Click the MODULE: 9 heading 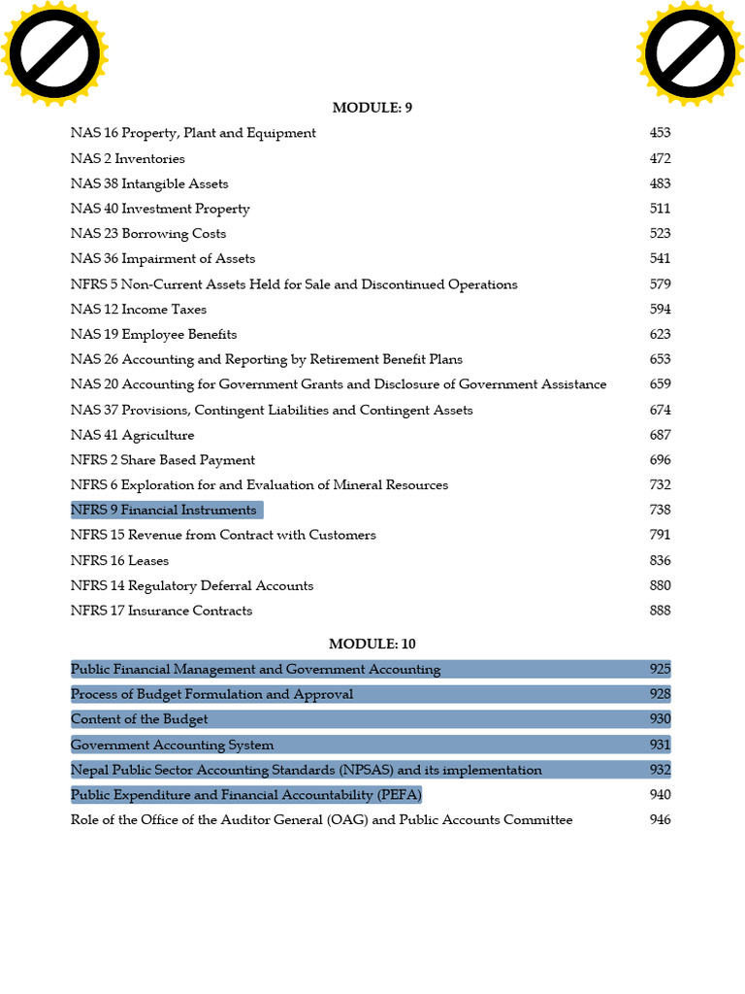pyautogui.click(x=372, y=108)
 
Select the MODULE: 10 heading pyautogui.click(x=372, y=644)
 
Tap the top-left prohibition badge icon pyautogui.click(x=53, y=53)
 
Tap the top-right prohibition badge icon pyautogui.click(x=690, y=53)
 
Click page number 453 pyautogui.click(x=660, y=133)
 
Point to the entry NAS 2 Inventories pyautogui.click(x=127, y=158)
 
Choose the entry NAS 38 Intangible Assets pyautogui.click(x=149, y=183)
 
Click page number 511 pyautogui.click(x=660, y=209)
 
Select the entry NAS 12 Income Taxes pyautogui.click(x=139, y=310)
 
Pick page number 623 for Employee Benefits pyautogui.click(x=660, y=334)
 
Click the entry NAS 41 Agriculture pyautogui.click(x=132, y=435)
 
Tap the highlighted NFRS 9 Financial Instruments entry pyautogui.click(x=164, y=511)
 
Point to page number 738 pyautogui.click(x=660, y=511)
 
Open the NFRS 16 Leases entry pyautogui.click(x=119, y=561)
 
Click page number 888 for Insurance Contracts pyautogui.click(x=660, y=611)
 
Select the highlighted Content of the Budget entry pyautogui.click(x=140, y=719)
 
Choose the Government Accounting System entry pyautogui.click(x=172, y=745)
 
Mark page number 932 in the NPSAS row pyautogui.click(x=660, y=770)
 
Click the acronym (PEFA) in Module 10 pyautogui.click(x=401, y=795)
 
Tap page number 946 pyautogui.click(x=660, y=820)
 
